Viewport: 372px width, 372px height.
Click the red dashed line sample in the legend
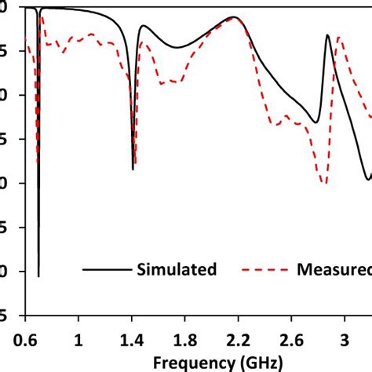click(x=260, y=270)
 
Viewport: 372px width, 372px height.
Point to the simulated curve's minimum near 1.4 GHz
click(x=133, y=169)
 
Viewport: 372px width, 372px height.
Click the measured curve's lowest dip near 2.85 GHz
click(x=324, y=183)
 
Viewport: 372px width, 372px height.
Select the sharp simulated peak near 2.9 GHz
click(x=328, y=35)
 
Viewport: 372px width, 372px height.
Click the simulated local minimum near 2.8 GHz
click(x=316, y=122)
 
